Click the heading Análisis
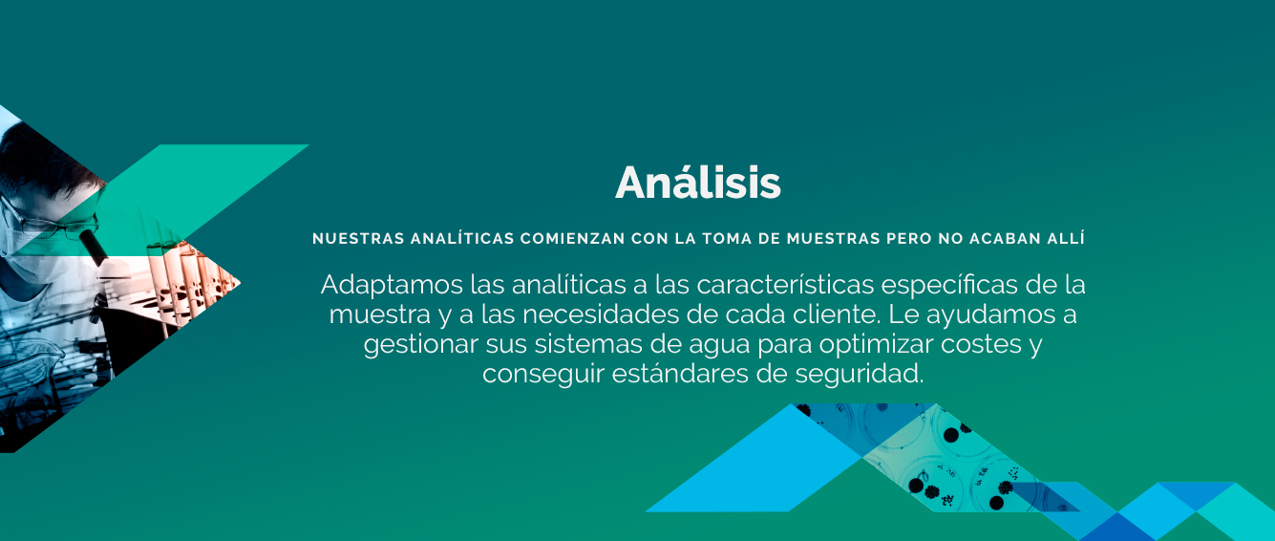[x=698, y=183]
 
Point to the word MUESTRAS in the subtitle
[x=834, y=239]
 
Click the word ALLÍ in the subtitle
[x=1066, y=238]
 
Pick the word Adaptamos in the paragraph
[x=392, y=285]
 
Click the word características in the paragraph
[x=785, y=284]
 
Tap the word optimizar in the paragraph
[x=877, y=344]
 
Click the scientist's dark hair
[x=40, y=160]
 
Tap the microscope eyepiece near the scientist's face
[x=94, y=245]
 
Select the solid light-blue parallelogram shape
[x=763, y=459]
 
